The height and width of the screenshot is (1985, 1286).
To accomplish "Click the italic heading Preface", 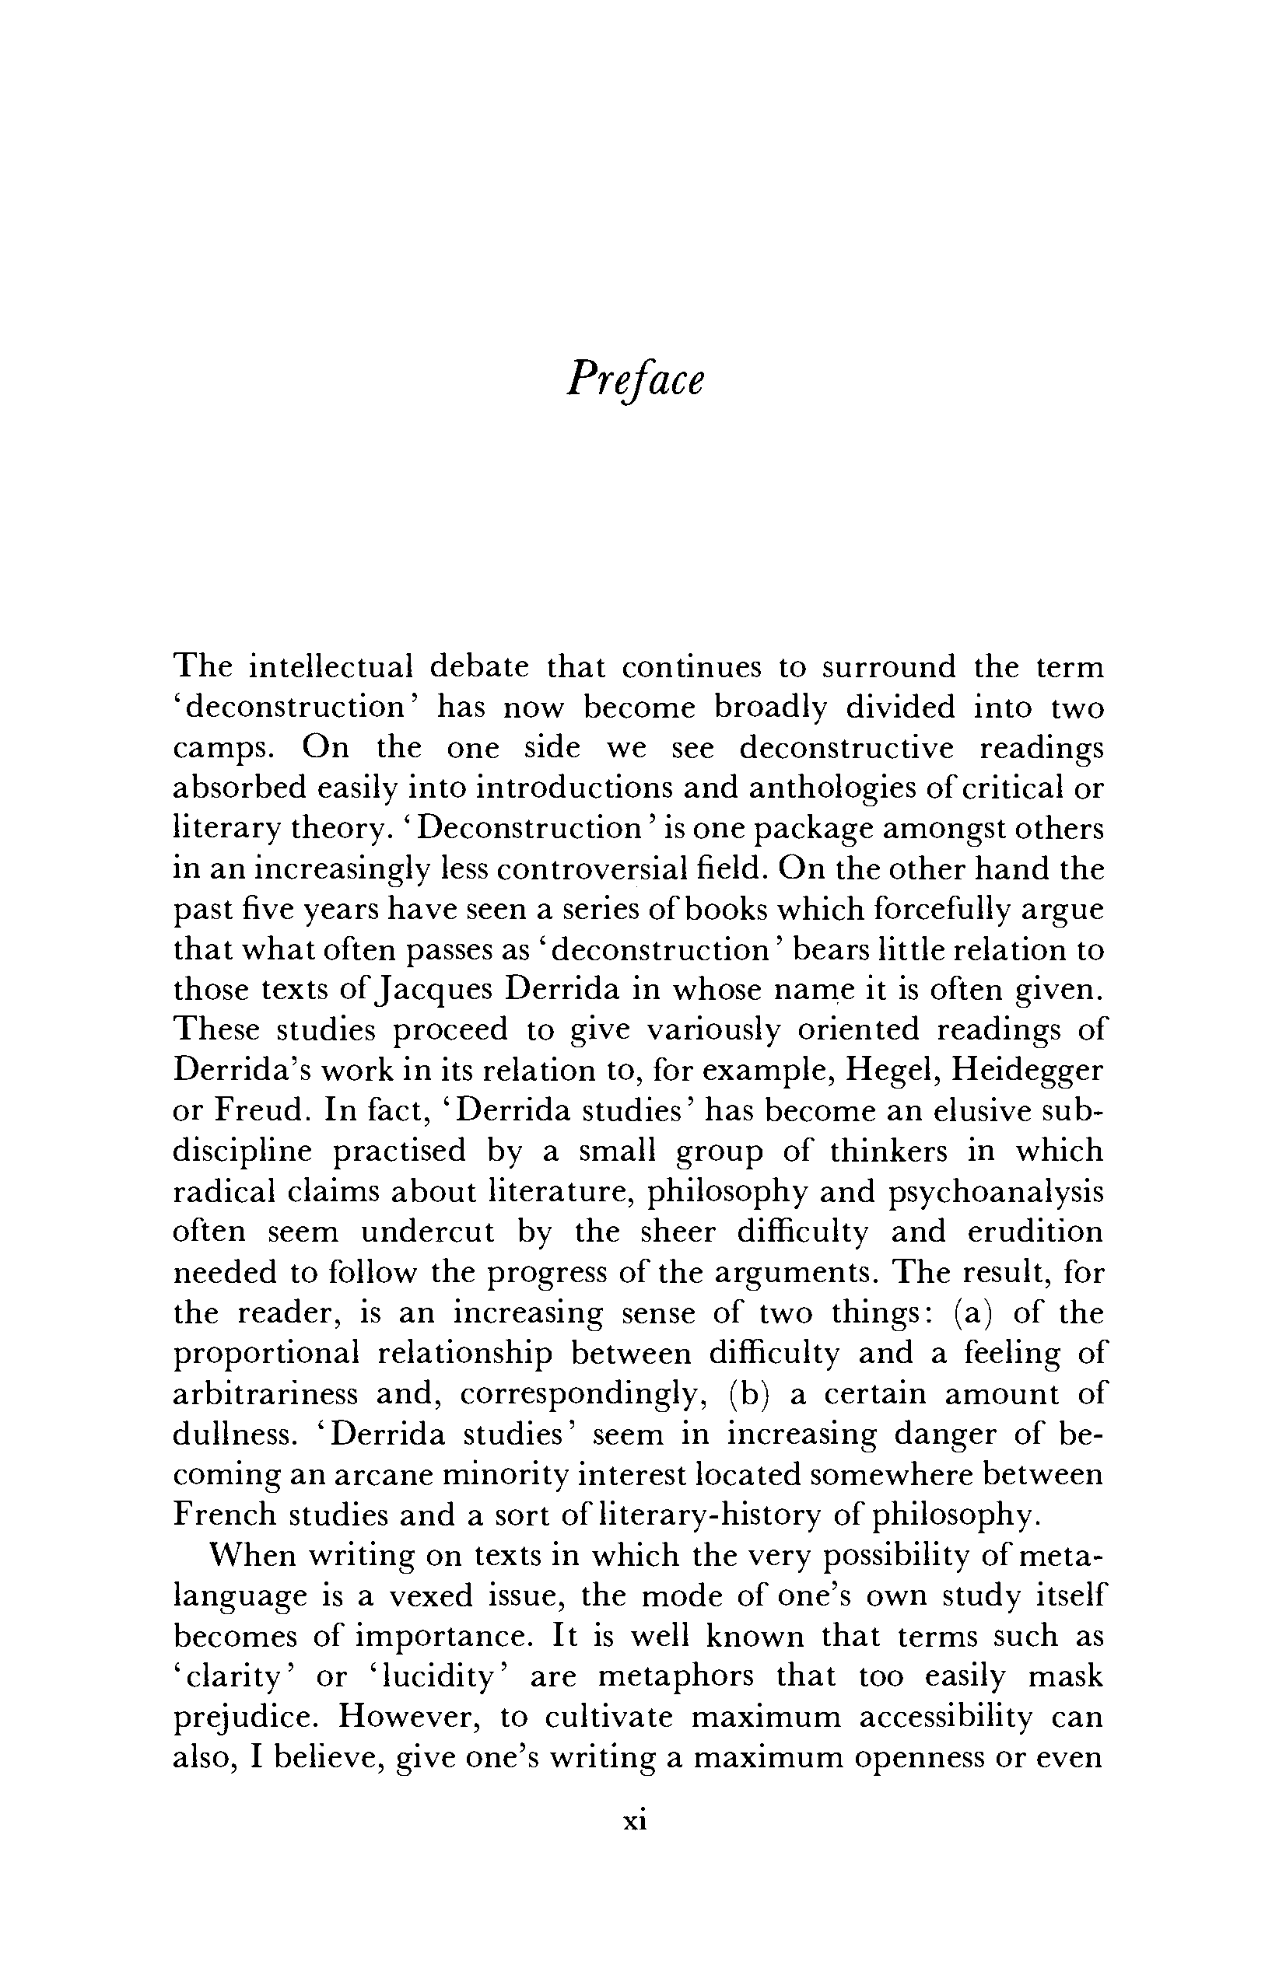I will click(x=635, y=381).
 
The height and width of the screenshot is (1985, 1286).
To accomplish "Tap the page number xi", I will click(x=635, y=1821).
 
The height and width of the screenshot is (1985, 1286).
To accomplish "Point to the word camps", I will click(x=222, y=748).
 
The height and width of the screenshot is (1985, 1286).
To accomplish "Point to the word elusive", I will click(x=986, y=1111).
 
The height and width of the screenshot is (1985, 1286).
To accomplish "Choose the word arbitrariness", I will click(x=265, y=1393).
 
